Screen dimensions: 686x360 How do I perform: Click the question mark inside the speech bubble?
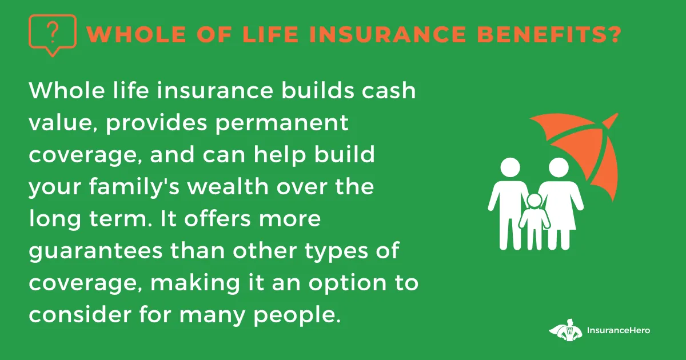point(53,33)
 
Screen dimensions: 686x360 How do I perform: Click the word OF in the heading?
point(214,34)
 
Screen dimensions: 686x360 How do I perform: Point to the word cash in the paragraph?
point(389,91)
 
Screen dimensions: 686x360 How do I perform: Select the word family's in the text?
point(134,186)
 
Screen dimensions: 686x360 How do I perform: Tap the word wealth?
point(228,186)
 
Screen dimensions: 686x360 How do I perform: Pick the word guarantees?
point(95,251)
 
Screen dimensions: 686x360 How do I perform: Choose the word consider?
point(80,314)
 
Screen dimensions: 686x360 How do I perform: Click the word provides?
point(157,123)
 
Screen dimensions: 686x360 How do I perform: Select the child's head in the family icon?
point(535,201)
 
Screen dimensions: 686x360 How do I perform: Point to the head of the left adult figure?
point(510,167)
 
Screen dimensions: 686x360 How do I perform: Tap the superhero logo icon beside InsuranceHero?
point(565,330)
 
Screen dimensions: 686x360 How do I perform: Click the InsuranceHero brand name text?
point(619,330)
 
